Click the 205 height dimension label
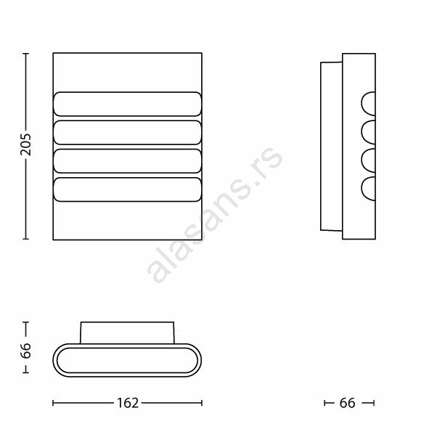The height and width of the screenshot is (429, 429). pos(25,144)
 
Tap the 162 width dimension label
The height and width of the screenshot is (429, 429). pos(128,403)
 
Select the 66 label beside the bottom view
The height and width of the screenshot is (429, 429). pos(25,351)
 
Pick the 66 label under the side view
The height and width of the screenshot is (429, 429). pos(347,403)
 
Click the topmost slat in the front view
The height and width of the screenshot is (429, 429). pos(128,104)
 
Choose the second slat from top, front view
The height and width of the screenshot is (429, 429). pos(128,132)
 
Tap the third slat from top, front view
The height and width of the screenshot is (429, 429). pos(128,161)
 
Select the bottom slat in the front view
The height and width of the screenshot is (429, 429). pos(128,189)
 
